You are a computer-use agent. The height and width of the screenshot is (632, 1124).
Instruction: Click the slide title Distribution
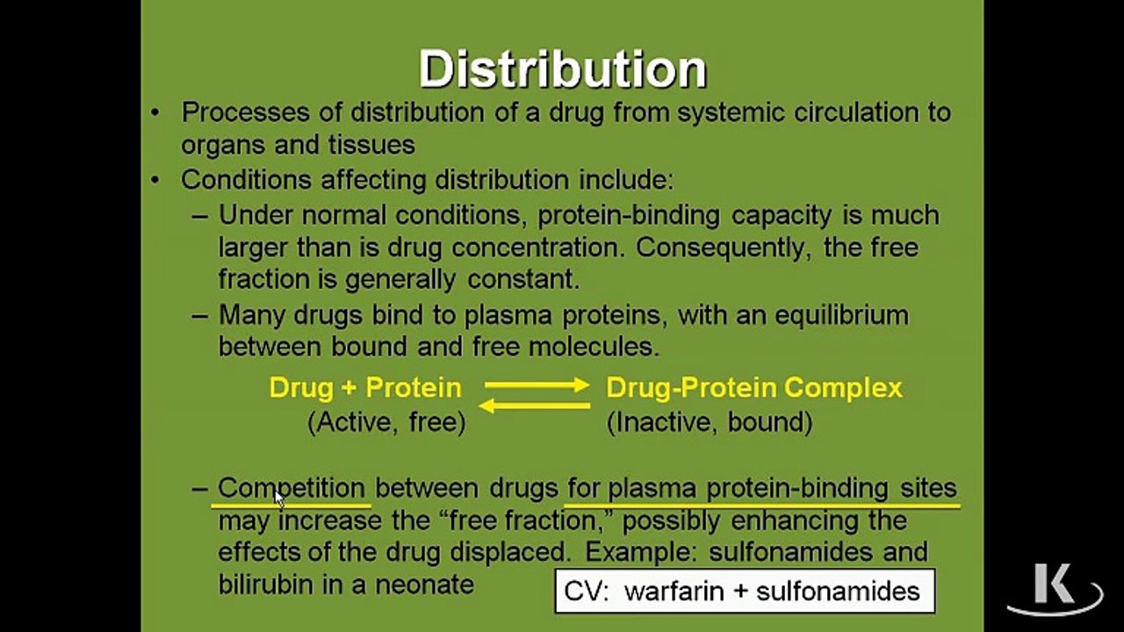(x=563, y=69)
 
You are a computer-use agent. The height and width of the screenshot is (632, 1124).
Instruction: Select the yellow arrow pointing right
(x=537, y=384)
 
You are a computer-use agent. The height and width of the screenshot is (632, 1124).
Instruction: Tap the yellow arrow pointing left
(x=535, y=406)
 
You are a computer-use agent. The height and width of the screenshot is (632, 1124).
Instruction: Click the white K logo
(x=1055, y=588)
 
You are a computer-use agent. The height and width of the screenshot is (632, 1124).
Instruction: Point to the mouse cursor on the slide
(x=279, y=499)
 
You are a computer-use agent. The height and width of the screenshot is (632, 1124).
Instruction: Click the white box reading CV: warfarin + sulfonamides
(x=745, y=591)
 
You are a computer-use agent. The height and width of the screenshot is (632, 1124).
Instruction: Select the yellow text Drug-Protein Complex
(x=754, y=388)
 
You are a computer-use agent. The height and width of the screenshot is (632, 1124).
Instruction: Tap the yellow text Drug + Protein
(x=365, y=388)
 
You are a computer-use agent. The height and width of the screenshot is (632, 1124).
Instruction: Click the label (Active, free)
(x=386, y=422)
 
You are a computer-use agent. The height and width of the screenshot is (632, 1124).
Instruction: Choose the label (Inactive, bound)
(x=710, y=422)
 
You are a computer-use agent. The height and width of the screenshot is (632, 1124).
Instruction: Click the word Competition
(x=292, y=488)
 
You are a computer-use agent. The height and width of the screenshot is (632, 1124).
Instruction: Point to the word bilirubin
(x=265, y=584)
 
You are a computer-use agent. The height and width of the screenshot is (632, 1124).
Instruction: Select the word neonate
(x=424, y=585)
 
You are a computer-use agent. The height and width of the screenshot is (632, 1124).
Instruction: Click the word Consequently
(x=723, y=248)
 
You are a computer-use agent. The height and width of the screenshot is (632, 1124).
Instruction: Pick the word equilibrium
(x=841, y=316)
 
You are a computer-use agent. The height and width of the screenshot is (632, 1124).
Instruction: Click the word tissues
(x=371, y=145)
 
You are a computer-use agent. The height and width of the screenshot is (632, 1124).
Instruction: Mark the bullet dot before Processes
(x=155, y=112)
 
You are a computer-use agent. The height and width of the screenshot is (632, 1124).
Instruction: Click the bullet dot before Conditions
(x=155, y=180)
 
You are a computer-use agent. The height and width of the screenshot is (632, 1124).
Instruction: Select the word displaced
(x=510, y=553)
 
